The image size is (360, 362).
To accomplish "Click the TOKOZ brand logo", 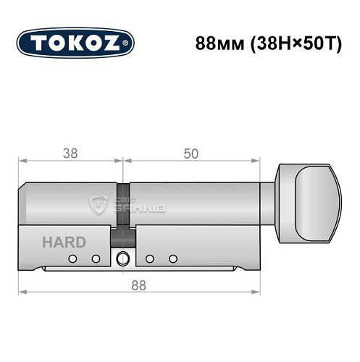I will point(75,42).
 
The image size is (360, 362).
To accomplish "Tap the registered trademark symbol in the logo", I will point(129,43).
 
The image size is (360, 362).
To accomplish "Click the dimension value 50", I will point(191,153).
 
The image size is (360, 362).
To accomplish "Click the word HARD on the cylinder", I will point(63,242).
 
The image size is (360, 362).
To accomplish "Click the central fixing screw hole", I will point(122,258).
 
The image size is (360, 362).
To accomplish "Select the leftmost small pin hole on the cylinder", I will point(72,258).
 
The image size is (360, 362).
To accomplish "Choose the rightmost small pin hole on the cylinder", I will point(172,258).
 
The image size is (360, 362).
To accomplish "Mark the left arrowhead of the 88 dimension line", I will point(22,292).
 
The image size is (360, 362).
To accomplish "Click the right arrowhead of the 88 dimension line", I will point(257,292).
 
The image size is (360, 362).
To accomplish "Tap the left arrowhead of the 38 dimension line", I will point(22,161).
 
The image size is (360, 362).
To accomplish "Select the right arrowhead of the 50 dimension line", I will point(257,161).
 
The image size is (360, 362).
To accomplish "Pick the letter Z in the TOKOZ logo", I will point(112,42).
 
